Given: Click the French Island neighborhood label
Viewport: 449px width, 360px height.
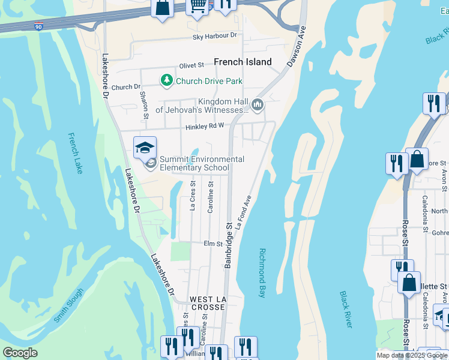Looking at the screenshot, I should click(x=243, y=62).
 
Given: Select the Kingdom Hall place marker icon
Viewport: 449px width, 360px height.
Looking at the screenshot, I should click(x=258, y=106).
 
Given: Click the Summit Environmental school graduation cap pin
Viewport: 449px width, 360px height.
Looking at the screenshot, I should click(x=145, y=147).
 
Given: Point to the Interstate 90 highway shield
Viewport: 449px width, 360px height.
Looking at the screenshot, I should click(x=39, y=27).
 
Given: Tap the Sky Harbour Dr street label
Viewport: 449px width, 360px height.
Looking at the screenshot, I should click(x=215, y=37).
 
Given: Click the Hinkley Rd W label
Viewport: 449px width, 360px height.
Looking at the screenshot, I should click(x=204, y=126).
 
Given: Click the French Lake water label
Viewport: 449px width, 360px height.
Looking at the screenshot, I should click(x=75, y=153).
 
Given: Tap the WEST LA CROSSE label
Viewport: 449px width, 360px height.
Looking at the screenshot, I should click(x=207, y=302).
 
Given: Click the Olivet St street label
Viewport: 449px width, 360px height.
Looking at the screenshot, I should click(x=191, y=65).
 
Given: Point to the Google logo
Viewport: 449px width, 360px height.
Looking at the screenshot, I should click(x=20, y=353).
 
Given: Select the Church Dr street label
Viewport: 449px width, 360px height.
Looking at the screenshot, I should click(x=125, y=87).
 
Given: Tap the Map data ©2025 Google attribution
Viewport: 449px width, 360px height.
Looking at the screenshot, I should click(x=412, y=355).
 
